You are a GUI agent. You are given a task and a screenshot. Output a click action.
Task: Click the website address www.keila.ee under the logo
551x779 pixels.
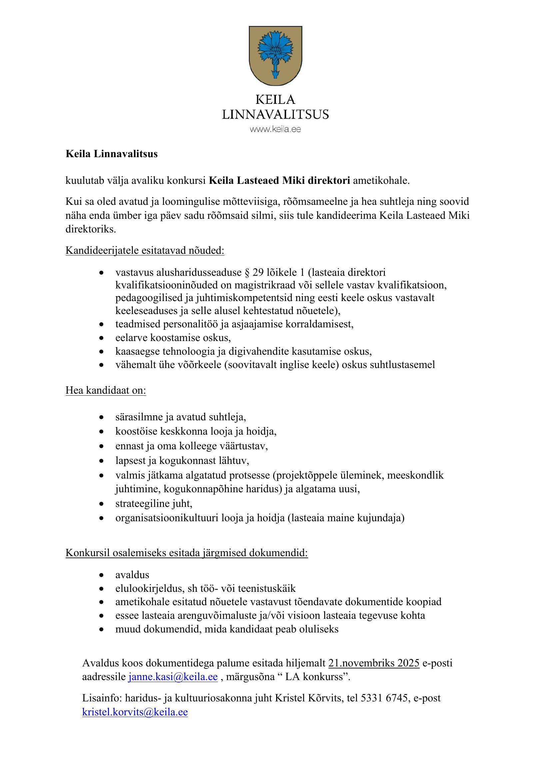point(275,129)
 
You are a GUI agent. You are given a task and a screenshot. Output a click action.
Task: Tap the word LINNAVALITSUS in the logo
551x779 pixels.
point(275,114)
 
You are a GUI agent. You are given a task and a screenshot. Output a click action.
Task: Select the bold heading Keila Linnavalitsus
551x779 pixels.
point(112,154)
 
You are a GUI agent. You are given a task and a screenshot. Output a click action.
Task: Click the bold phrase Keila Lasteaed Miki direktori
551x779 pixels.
point(279,181)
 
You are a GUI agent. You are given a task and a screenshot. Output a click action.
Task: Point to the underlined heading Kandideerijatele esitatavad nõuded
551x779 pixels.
point(145,251)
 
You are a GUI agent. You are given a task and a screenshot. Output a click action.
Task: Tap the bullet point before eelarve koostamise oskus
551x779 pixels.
point(101,338)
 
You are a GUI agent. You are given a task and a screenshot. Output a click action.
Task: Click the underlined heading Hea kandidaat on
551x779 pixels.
point(106,391)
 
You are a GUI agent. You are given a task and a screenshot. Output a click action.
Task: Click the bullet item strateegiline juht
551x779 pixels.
point(154,504)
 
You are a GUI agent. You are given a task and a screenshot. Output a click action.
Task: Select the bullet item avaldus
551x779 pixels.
point(132,575)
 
